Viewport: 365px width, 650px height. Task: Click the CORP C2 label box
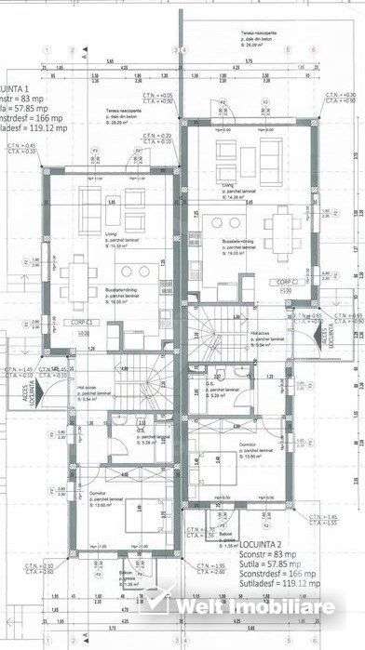coord(285,283)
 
